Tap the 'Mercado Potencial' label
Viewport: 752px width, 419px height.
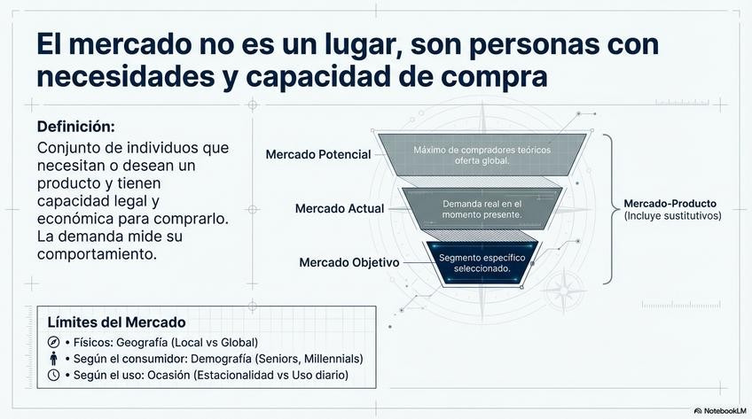[x=317, y=155]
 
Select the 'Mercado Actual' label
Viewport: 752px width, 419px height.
[x=340, y=209]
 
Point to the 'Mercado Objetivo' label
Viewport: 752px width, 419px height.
[x=349, y=263]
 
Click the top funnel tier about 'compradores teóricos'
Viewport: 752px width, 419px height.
[x=482, y=154]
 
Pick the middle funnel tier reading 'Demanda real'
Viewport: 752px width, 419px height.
[x=482, y=209]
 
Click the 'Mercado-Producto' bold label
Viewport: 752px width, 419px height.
[x=668, y=203]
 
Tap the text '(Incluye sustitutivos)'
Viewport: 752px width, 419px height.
[x=672, y=216]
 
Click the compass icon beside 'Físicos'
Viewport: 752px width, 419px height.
[x=53, y=342]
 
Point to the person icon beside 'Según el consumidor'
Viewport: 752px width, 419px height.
[x=53, y=359]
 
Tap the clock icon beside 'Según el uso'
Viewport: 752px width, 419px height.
[x=53, y=376]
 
